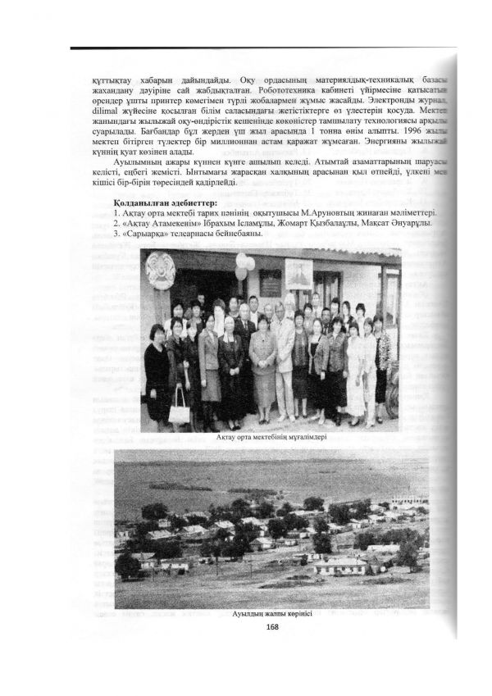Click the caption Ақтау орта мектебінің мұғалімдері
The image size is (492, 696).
pyautogui.click(x=272, y=436)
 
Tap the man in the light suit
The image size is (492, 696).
pyautogui.click(x=284, y=344)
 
